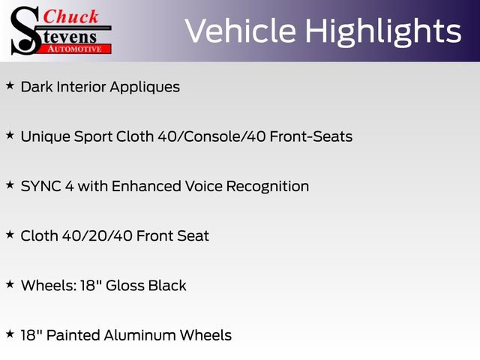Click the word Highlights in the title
tap(383, 31)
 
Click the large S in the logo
tap(24, 30)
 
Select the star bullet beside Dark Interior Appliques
tap(10, 85)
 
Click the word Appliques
tap(145, 86)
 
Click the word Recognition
tap(268, 186)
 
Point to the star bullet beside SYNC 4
tap(10, 185)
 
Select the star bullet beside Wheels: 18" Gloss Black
tap(10, 284)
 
